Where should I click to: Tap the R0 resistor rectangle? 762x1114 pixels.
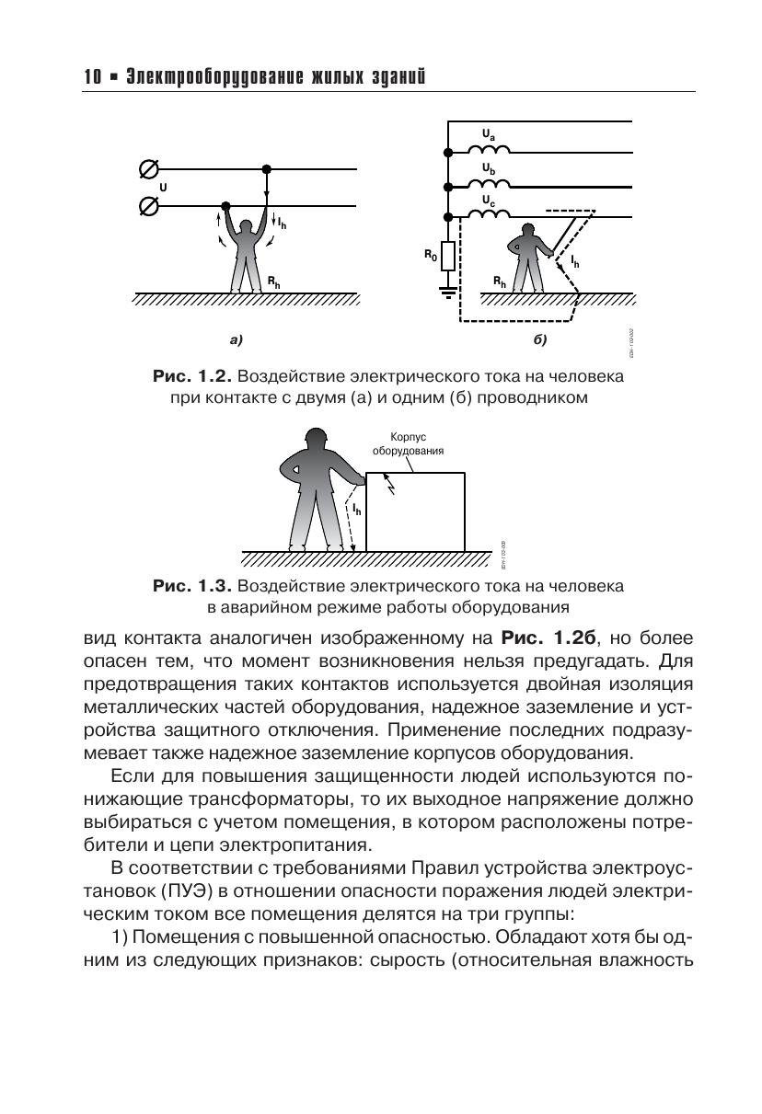click(x=448, y=255)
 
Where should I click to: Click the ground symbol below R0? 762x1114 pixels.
click(x=448, y=293)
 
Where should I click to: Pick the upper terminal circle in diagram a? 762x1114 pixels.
click(x=147, y=169)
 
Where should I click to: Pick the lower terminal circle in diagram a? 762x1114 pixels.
click(x=147, y=206)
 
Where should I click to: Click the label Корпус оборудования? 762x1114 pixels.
click(x=408, y=445)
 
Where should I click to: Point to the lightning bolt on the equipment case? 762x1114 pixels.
click(x=390, y=483)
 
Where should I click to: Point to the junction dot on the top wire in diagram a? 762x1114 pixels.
click(x=267, y=169)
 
